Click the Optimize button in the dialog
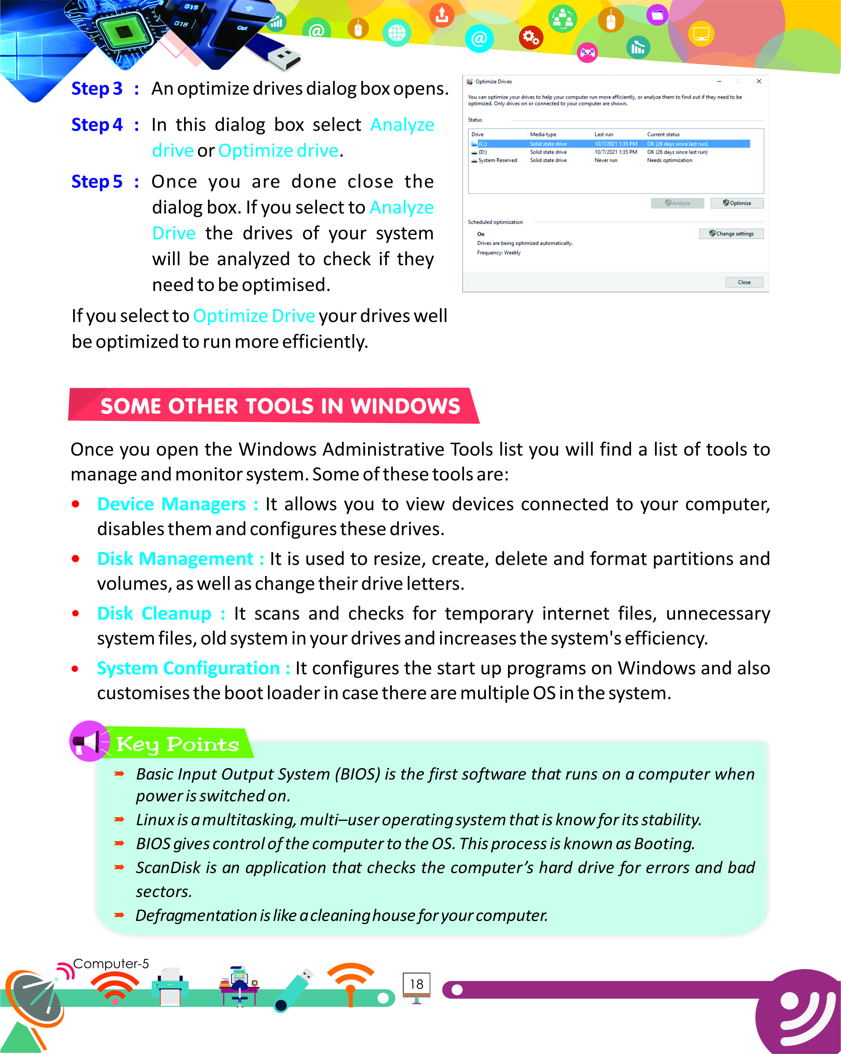[737, 203]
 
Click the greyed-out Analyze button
[677, 203]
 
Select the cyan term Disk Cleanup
[154, 614]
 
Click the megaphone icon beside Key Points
[88, 741]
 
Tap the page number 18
[416, 984]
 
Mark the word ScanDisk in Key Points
[168, 868]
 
